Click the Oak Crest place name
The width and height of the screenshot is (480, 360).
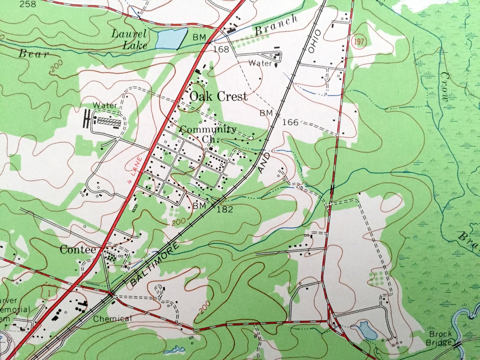218,96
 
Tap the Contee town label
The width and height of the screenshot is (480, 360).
78,250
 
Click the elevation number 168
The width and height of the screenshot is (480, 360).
221,49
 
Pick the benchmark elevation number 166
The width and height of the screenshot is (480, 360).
291,122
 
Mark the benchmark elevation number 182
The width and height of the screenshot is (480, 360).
225,209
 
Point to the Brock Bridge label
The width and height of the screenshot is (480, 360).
440,338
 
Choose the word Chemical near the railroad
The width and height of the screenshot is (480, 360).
112,318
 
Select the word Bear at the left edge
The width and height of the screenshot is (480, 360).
34,54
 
